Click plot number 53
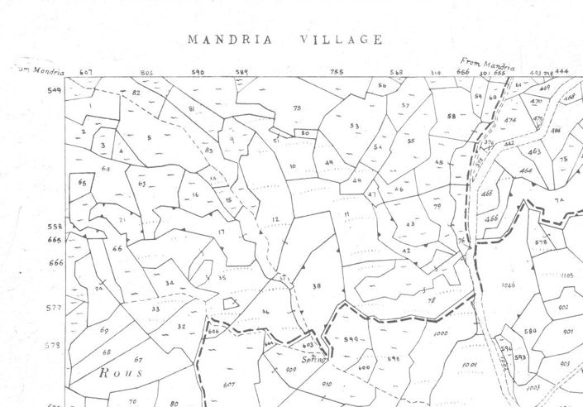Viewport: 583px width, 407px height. (354, 126)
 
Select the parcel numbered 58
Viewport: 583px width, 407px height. (452, 117)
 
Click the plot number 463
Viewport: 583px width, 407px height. (534, 152)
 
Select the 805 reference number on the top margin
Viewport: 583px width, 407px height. (147, 73)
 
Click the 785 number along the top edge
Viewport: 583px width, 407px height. (337, 73)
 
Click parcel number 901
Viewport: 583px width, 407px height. (568, 331)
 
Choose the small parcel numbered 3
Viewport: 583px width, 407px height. (103, 146)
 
